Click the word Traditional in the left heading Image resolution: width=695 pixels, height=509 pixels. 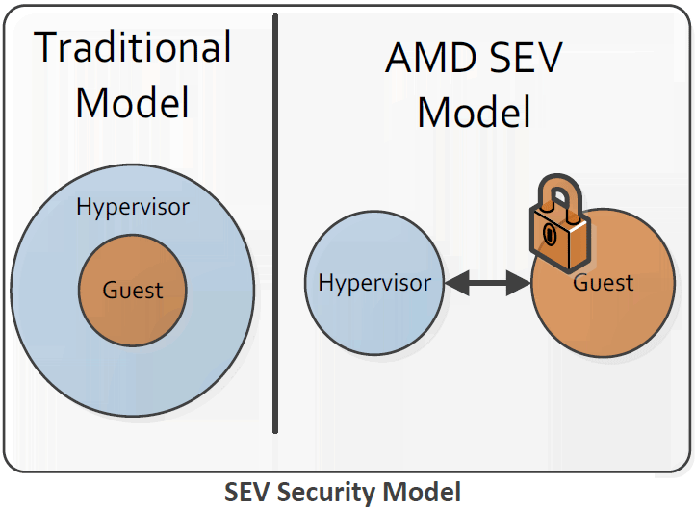coord(133,47)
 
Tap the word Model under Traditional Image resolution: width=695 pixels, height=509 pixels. coord(133,102)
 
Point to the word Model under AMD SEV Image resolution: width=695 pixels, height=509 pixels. coord(474,112)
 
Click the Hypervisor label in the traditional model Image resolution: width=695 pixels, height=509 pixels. coord(133,207)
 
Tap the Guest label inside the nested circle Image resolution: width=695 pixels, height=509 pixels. coord(133,291)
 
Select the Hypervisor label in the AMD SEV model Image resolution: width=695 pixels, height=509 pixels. coord(374,283)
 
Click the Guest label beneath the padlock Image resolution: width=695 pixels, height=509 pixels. coord(604,283)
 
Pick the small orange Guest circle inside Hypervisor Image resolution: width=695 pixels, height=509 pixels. coord(133,310)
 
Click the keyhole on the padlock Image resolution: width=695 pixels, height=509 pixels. coord(550,234)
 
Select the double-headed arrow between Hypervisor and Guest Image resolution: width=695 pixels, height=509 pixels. coord(488,283)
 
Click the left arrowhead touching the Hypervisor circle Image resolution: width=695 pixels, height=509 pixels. coord(456,283)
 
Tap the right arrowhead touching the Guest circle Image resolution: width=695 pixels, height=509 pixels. coord(519,283)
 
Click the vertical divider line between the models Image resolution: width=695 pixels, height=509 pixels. coord(275,223)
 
